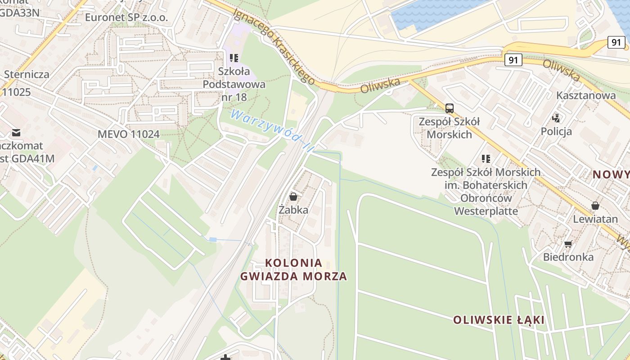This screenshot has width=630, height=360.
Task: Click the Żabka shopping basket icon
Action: [293, 197]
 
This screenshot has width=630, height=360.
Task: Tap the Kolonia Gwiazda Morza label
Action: [293, 269]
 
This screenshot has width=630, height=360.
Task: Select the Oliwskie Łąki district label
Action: [499, 320]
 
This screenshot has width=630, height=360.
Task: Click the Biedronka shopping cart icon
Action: [568, 244]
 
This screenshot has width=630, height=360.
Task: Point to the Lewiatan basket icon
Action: [595, 206]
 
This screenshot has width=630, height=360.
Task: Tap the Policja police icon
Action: [556, 118]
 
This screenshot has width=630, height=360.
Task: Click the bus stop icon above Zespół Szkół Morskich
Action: [449, 108]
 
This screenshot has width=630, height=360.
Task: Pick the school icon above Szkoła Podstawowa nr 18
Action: [234, 58]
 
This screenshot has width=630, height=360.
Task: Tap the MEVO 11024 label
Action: [129, 134]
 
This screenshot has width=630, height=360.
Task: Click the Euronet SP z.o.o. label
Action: [126, 18]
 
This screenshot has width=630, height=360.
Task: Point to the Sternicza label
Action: [27, 74]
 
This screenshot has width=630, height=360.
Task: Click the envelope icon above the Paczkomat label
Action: [16, 132]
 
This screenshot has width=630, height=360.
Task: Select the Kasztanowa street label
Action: [586, 95]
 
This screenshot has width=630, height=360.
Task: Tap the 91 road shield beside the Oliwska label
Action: [513, 59]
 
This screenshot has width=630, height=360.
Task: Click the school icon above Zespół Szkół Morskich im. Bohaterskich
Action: [486, 158]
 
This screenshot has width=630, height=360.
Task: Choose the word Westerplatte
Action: [486, 211]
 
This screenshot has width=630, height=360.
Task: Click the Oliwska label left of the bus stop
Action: [380, 85]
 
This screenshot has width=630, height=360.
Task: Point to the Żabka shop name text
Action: [293, 210]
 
